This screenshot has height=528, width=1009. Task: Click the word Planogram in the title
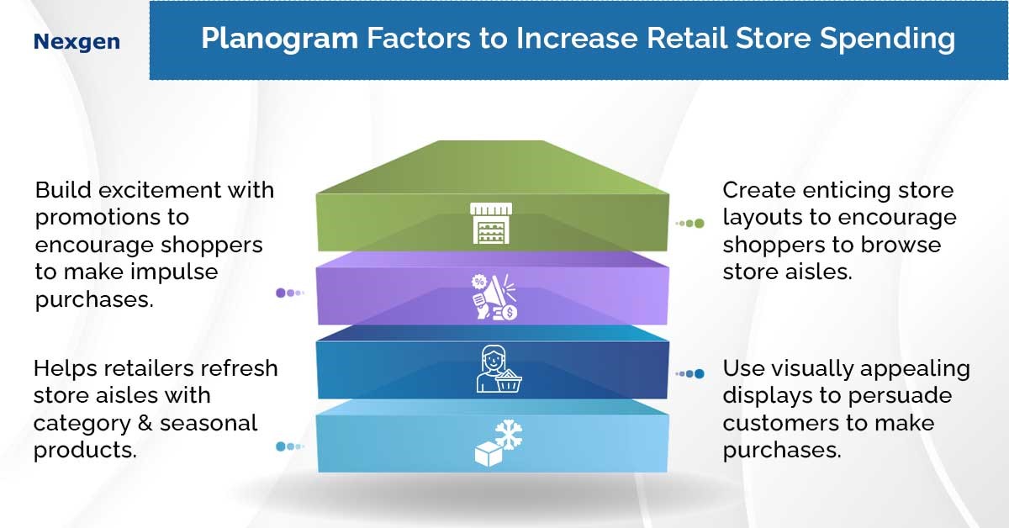(280, 40)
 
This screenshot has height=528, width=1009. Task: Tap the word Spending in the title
(887, 40)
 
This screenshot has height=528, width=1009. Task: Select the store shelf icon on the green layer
(491, 223)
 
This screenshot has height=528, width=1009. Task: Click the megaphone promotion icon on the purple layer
(494, 298)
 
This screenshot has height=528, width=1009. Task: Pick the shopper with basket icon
(499, 369)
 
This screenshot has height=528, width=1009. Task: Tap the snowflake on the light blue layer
(509, 435)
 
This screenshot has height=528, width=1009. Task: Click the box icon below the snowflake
(489, 454)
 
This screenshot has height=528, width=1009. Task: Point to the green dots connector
(689, 223)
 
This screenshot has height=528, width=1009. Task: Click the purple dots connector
(290, 293)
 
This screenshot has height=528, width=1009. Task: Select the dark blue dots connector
(689, 373)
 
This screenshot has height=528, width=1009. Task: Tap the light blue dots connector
(290, 446)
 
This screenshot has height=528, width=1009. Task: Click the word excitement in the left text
(160, 190)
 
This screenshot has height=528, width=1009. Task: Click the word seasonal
(209, 423)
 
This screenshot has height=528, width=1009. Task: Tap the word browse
(901, 245)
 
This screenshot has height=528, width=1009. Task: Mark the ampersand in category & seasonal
(145, 423)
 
